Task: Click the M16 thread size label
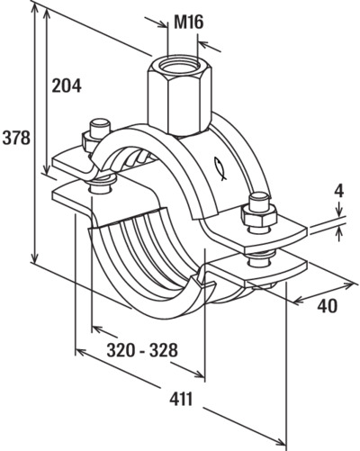click(x=189, y=23)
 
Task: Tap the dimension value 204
click(x=67, y=86)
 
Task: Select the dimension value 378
click(x=16, y=138)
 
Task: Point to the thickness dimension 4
click(x=339, y=192)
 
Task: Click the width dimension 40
click(x=327, y=306)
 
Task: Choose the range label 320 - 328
click(x=142, y=350)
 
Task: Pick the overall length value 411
click(x=181, y=400)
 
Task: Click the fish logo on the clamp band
click(x=220, y=168)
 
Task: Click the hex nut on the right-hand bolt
click(x=259, y=215)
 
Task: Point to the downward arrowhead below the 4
click(x=339, y=212)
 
